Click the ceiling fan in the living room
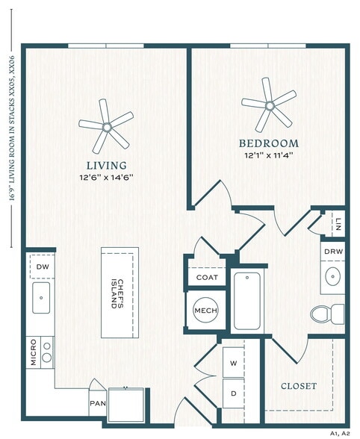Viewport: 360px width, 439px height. [x=106, y=128]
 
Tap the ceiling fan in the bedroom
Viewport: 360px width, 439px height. [x=267, y=104]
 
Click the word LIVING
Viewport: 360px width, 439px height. [x=106, y=164]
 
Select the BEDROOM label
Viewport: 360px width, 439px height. [x=268, y=143]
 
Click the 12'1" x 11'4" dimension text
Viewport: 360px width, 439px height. [x=268, y=155]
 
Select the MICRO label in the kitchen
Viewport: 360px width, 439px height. [x=33, y=352]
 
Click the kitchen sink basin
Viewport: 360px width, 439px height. [x=40, y=297]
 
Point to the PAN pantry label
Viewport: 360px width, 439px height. [x=97, y=402]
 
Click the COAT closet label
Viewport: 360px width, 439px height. [x=206, y=277]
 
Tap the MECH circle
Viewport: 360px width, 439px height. [x=205, y=311]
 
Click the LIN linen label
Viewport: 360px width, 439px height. [x=338, y=224]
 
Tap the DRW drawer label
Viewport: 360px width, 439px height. [x=333, y=252]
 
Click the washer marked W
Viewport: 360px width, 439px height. [x=233, y=364]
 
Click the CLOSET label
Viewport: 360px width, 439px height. [x=299, y=386]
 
